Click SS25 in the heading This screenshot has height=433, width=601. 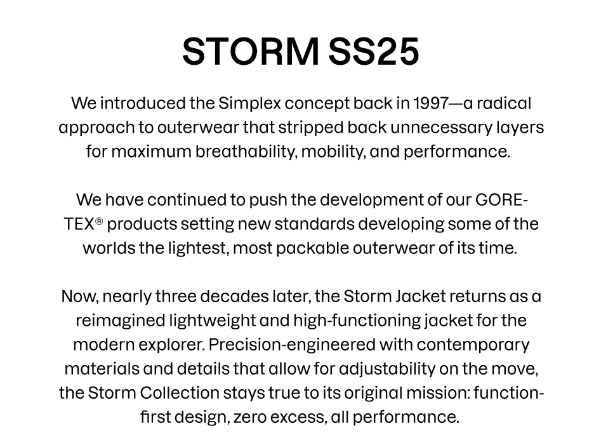point(374,51)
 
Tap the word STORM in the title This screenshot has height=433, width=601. point(251,51)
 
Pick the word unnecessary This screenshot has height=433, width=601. point(441,128)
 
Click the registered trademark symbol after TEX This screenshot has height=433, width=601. point(99,222)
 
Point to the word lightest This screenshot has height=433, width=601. point(199,248)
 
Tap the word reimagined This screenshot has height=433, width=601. point(121,321)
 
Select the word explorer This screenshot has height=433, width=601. point(172,345)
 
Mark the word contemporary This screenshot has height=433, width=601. point(473,345)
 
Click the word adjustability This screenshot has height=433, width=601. point(387,369)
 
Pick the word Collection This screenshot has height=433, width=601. point(180,393)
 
